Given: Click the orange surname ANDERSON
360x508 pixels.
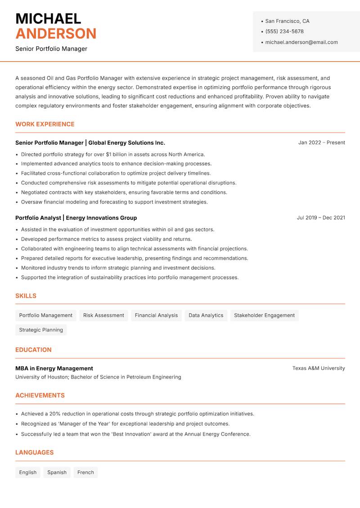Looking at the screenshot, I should coord(56,34).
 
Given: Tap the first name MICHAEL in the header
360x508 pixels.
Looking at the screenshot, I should coord(48,19).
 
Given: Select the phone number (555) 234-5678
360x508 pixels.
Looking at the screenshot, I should coord(284,31).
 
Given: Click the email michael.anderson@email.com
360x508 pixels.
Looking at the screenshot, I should coord(301,42).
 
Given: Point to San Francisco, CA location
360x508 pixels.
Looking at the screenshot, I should coord(287,21).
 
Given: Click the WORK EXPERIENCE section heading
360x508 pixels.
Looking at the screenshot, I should coord(45,124).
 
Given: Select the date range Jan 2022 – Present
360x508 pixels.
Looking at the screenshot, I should coord(321,143).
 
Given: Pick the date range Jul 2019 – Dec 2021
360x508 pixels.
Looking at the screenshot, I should coord(321,218).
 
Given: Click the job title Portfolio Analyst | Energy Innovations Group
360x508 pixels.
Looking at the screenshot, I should coord(76,218).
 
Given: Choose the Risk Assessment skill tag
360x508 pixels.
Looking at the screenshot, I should coord(103,315).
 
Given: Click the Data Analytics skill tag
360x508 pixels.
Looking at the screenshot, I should coord(206,315).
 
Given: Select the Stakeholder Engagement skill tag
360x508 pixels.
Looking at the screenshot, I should coord(264,315).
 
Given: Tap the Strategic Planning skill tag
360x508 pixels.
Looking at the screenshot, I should coord(41,330).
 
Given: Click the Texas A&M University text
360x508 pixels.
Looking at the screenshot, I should coord(319,368).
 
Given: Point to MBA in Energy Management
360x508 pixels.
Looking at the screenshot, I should coord(54,368).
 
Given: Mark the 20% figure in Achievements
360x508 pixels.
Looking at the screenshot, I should coord(55,414).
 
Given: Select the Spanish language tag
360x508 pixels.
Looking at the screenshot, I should coord(57,472).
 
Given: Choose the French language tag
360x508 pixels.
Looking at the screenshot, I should coord(85,472).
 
